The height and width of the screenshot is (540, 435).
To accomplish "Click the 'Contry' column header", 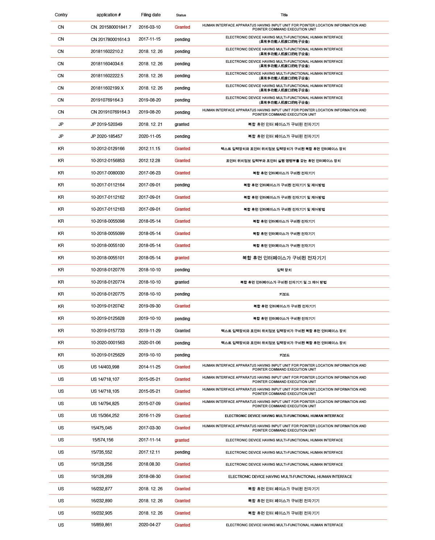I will point(61,15).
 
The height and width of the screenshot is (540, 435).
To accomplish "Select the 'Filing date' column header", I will point(151,15).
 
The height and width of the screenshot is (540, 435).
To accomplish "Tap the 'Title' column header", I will point(284,15).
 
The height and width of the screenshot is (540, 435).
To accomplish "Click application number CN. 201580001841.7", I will point(111,27).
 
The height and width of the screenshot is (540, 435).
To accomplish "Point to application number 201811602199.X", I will point(107,88).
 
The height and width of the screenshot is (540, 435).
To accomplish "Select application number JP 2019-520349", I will point(107,124).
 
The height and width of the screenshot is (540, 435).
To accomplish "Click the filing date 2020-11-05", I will point(149,136).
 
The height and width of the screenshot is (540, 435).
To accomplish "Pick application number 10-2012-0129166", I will point(108,149).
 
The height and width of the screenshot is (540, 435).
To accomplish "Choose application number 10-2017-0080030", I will point(108,173).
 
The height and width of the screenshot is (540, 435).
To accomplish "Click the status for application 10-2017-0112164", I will point(182,185).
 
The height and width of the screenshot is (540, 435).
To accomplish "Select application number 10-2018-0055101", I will point(108,258).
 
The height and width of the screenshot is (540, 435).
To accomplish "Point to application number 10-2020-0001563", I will point(108,343).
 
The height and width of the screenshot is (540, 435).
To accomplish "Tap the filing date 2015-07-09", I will point(149,403).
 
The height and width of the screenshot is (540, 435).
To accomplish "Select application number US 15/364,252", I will point(105,416).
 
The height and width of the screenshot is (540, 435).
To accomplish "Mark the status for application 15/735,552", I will point(182,452).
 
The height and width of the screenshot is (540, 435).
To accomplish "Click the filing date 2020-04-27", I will point(149,525).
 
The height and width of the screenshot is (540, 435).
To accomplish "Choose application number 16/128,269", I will point(101,477).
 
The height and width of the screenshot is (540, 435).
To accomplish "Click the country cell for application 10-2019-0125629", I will point(61,355).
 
